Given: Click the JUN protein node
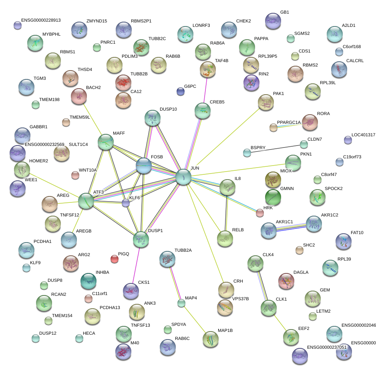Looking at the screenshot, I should click(183, 177).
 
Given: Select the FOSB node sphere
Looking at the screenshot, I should click(144, 166).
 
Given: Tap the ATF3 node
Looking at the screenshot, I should click(86, 201).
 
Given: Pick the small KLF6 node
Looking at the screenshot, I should click(126, 203).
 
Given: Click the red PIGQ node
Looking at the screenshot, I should click(115, 259).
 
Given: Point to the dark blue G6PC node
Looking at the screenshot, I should click(181, 91).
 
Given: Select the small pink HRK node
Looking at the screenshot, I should click(260, 213).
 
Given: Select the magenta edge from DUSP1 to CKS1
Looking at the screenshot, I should click(136, 265).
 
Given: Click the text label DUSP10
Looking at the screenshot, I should click(168, 109).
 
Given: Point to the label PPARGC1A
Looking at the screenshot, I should click(289, 122).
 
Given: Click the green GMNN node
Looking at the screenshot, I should click(273, 197).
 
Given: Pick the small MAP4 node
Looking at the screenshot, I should click(181, 303).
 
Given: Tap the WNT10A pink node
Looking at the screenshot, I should click(75, 175).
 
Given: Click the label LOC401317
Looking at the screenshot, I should click(363, 135).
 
